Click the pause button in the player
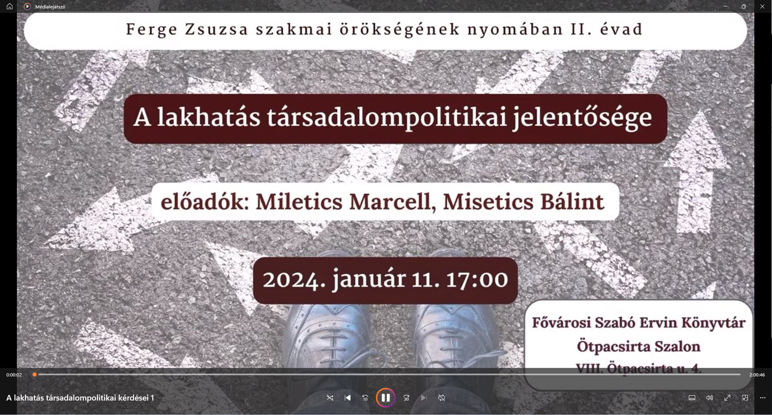point(385,398)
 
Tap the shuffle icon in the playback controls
point(330,398)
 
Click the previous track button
point(348,398)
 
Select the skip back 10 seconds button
point(365,398)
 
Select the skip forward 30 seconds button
point(406,398)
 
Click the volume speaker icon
point(710,398)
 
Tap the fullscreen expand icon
point(727,398)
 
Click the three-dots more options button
point(763,398)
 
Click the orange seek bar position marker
point(35,374)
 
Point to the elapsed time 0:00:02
point(14,375)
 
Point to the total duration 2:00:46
point(757,375)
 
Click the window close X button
point(762,6)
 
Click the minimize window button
point(725,6)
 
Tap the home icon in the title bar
point(10,6)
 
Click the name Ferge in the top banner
point(152,30)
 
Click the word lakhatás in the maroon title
point(209,117)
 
